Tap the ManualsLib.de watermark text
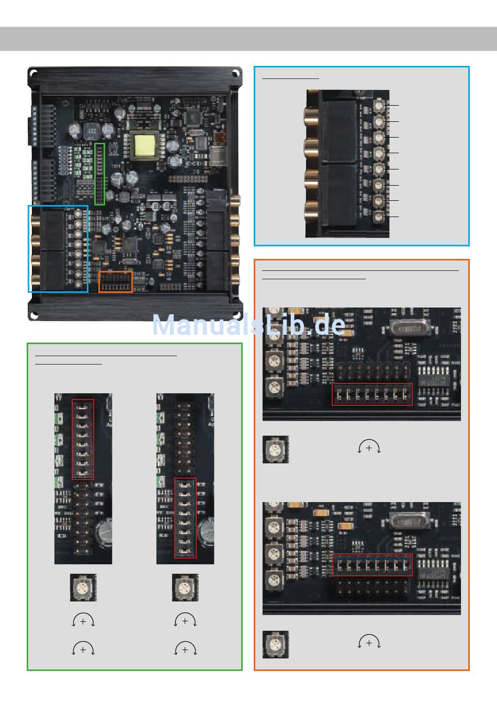pyautogui.click(x=249, y=325)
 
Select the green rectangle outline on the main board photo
pyautogui.click(x=99, y=174)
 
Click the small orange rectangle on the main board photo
pyautogui.click(x=116, y=282)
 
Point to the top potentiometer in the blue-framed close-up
pyautogui.click(x=379, y=105)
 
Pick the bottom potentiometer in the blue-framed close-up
pyautogui.click(x=379, y=217)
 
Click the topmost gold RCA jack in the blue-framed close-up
pyautogui.click(x=312, y=116)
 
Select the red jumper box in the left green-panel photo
pyautogui.click(x=83, y=439)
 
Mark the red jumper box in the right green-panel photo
pyautogui.click(x=185, y=518)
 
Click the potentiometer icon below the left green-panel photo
pyautogui.click(x=83, y=588)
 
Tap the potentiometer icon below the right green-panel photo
pyautogui.click(x=185, y=588)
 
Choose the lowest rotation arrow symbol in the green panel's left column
pyautogui.click(x=83, y=649)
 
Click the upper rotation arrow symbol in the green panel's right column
pyautogui.click(x=185, y=621)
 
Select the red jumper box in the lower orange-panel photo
pyautogui.click(x=372, y=565)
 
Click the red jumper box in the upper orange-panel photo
pyautogui.click(x=372, y=394)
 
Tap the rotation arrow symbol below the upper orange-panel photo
pyautogui.click(x=369, y=448)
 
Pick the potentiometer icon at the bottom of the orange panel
pyautogui.click(x=275, y=644)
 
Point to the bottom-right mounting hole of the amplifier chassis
pyautogui.click(x=236, y=315)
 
